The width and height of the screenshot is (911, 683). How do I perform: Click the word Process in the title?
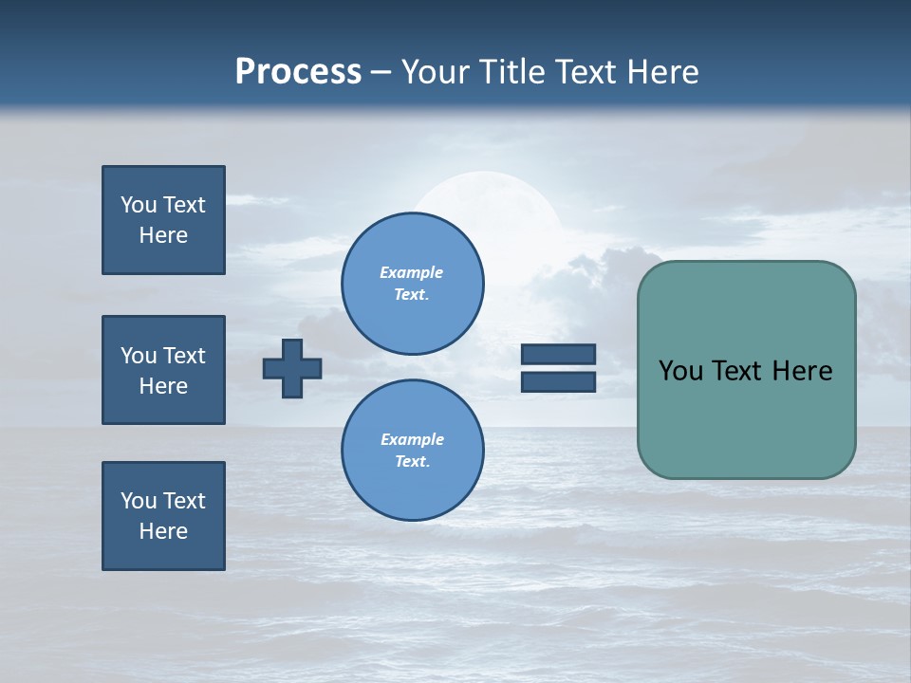coord(298,72)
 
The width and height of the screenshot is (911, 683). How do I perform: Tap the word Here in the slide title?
coord(660,72)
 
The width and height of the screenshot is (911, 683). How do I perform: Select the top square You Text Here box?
coord(163,220)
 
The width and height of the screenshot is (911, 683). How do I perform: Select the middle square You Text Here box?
coord(163,370)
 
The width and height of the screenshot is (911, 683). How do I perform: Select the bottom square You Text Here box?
coord(163,516)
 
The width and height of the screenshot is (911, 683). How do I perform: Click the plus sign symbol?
coord(292,368)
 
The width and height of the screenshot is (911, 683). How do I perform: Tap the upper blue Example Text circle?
coord(412,284)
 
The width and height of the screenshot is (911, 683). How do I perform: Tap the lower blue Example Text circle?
coord(412,451)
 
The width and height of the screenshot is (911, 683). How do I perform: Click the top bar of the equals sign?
coord(558,355)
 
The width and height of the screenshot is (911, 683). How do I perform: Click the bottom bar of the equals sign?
coord(558,381)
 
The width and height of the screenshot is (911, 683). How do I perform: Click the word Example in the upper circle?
coord(412,272)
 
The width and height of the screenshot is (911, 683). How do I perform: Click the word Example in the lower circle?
coord(412,439)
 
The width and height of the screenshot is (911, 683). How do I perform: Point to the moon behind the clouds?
coord(484,194)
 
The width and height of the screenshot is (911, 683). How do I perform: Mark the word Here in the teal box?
coord(802,371)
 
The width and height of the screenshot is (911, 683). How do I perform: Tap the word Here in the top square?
coord(163,235)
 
